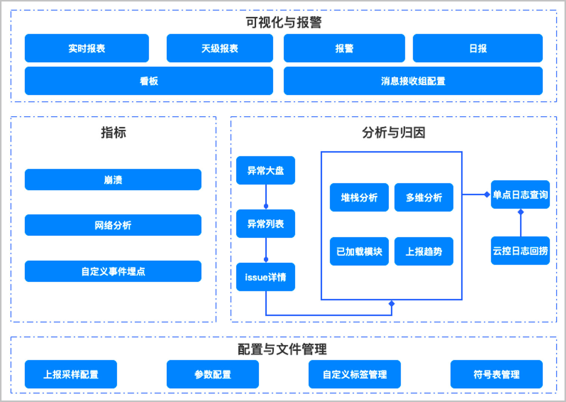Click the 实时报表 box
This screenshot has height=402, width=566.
point(87,48)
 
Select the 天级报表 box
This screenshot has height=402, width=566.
point(220,48)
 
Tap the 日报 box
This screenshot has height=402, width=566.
point(478,48)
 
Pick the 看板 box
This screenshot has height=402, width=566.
point(149,81)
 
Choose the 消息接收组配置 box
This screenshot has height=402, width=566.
point(413,81)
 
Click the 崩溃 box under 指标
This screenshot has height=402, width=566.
point(113,179)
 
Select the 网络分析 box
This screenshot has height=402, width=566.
point(113,225)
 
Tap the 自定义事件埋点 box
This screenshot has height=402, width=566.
point(113,271)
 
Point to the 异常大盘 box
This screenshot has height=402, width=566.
point(265,170)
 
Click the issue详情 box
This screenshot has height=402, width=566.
point(265,277)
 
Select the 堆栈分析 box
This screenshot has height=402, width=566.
point(359,197)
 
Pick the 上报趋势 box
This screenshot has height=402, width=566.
point(424,251)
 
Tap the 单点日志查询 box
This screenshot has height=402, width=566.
point(520,194)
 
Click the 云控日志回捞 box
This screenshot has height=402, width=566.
point(520,251)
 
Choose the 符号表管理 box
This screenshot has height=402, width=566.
point(497,374)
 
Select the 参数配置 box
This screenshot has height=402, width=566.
point(213,374)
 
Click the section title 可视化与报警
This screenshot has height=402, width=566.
point(284,22)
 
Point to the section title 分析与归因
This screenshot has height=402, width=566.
point(394,133)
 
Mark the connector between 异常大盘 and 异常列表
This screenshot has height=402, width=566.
point(266,197)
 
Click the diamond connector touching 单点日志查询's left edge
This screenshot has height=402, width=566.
point(487,194)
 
